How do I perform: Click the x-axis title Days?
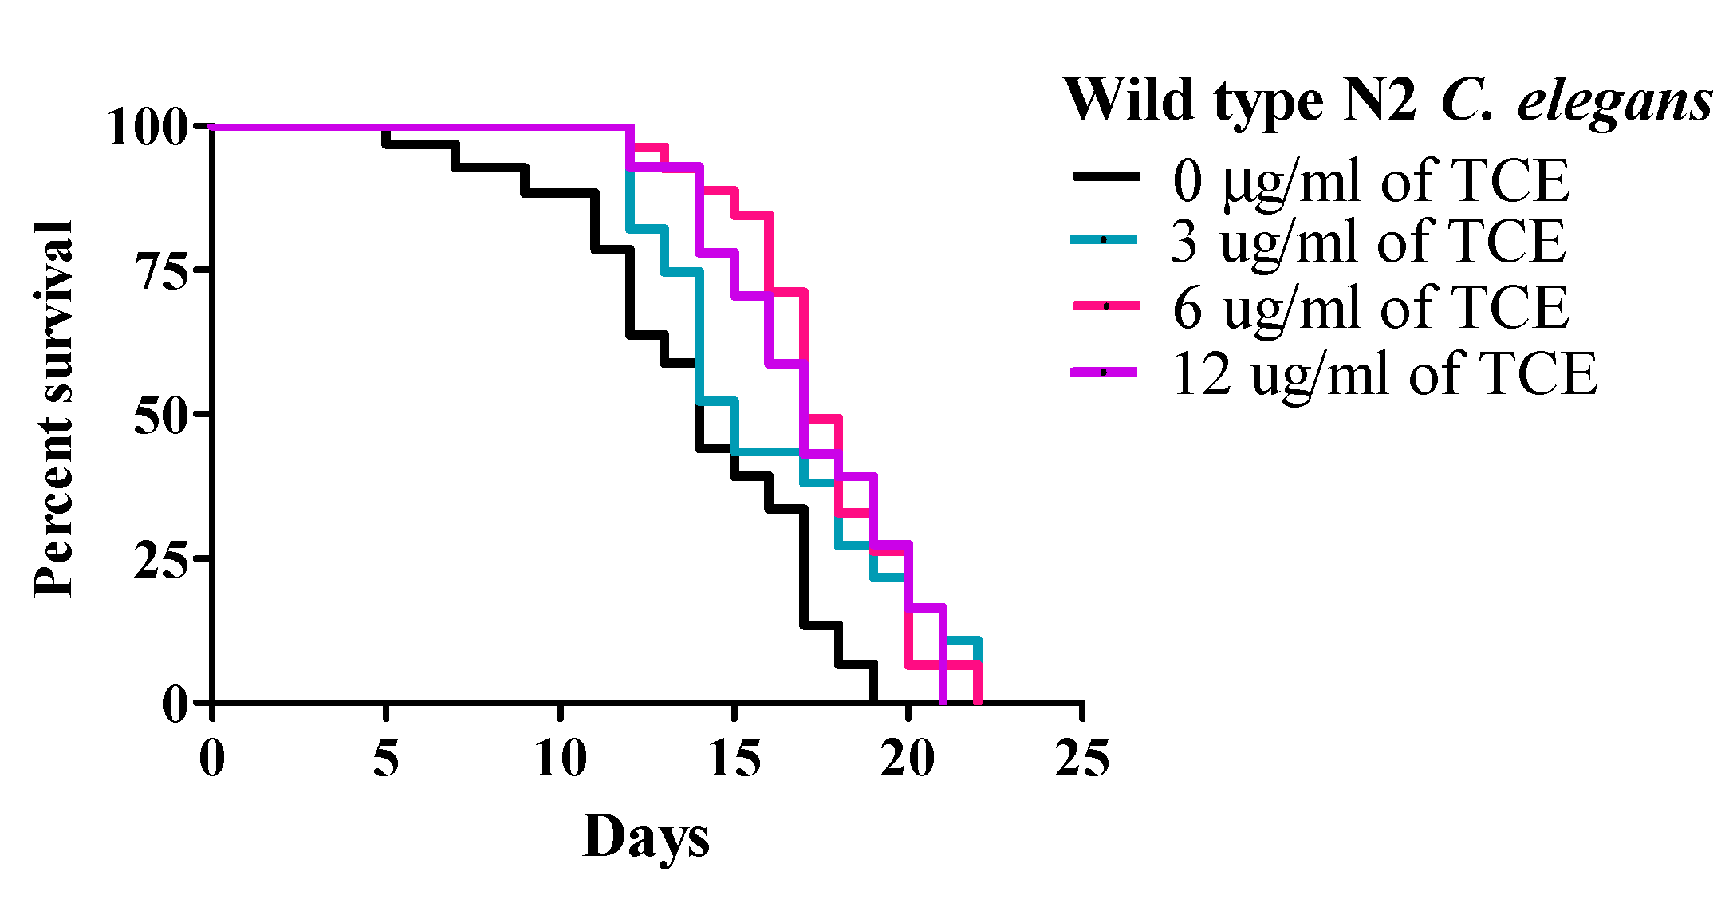[x=645, y=838]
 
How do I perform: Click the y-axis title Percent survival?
[x=54, y=409]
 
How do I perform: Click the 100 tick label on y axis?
[x=148, y=128]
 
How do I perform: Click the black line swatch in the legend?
[x=1105, y=177]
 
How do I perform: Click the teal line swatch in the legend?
[x=1104, y=239]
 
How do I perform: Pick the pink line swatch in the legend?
[x=1105, y=306]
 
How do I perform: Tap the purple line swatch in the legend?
[x=1104, y=372]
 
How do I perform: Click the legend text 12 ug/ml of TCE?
[x=1384, y=373]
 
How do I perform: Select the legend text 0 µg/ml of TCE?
[x=1370, y=181]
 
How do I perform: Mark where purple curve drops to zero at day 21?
[x=943, y=700]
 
